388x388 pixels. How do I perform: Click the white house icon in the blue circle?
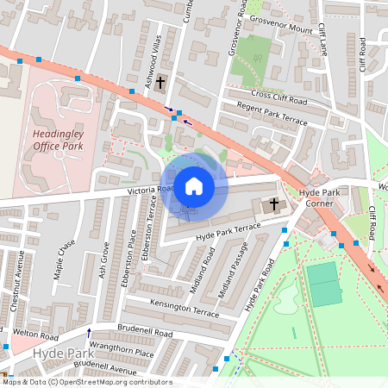194,185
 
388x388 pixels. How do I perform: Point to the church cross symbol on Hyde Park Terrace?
274,204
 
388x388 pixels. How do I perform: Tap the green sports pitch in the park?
325,285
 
